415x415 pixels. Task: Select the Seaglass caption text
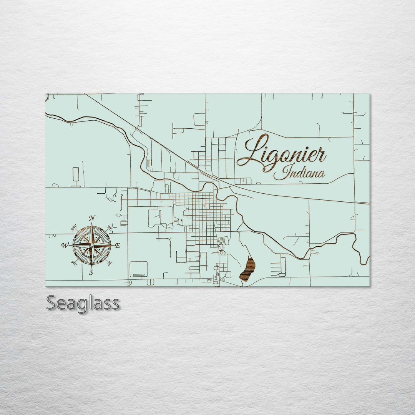83,303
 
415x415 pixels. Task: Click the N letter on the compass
92,218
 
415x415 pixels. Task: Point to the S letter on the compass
91,272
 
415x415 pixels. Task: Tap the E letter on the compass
118,246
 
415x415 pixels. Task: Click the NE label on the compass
110,227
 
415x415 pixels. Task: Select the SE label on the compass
110,263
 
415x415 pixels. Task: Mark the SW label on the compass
74,263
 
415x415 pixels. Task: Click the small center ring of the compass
91,245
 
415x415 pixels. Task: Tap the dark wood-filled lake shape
247,269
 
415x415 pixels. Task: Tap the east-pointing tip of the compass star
113,245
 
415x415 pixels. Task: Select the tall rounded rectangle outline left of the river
76,176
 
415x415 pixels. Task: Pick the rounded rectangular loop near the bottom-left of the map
139,269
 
